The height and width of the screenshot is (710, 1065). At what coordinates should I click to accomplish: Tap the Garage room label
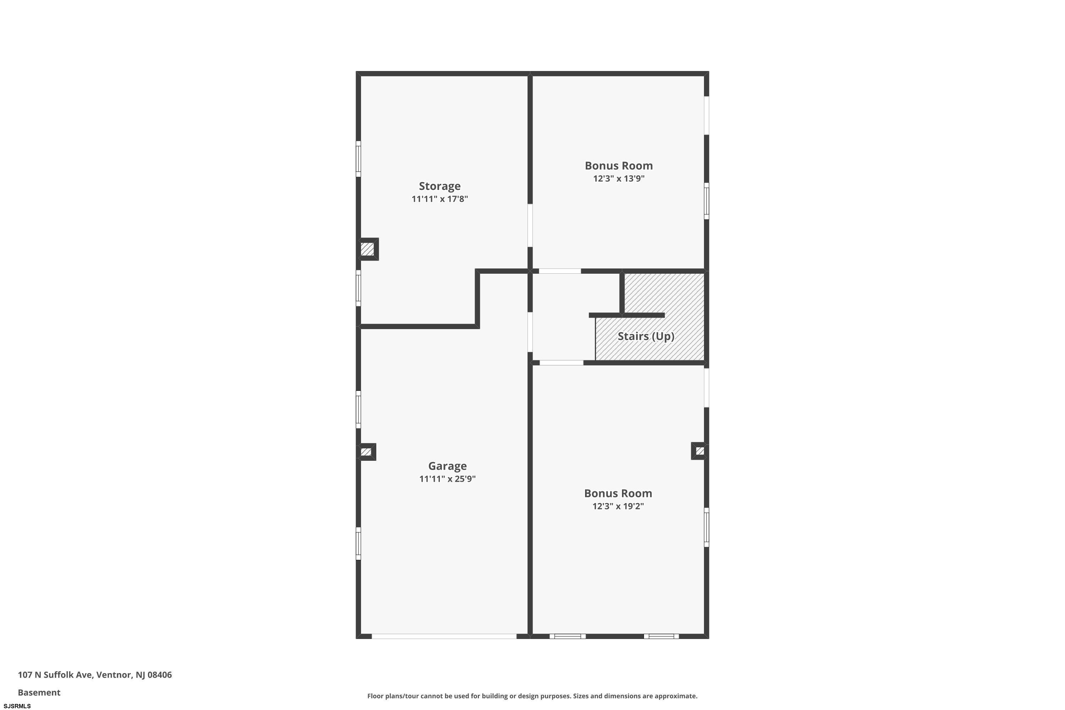(x=447, y=466)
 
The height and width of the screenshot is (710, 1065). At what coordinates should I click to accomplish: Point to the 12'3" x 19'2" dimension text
(x=618, y=506)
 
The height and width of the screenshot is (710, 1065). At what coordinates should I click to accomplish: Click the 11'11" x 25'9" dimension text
(x=447, y=479)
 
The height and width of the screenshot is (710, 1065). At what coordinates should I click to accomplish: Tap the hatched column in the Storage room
(x=368, y=249)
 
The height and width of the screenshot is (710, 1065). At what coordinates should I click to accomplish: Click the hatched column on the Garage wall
(x=366, y=452)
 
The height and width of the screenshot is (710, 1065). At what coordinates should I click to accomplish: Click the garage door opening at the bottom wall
(x=444, y=636)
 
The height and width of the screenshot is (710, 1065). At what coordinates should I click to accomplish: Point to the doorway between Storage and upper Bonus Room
(x=530, y=225)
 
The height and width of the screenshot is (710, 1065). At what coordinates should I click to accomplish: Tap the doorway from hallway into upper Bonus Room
(x=560, y=271)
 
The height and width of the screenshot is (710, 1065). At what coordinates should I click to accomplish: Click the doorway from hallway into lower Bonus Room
(x=562, y=363)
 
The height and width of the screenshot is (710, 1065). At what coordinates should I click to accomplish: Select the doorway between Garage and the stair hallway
(x=530, y=332)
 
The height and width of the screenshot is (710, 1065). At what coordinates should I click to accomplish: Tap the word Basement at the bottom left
(x=39, y=692)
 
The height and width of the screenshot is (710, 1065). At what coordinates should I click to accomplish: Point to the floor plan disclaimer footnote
(x=532, y=696)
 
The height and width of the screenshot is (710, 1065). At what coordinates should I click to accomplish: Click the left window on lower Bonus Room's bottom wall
(x=567, y=636)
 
